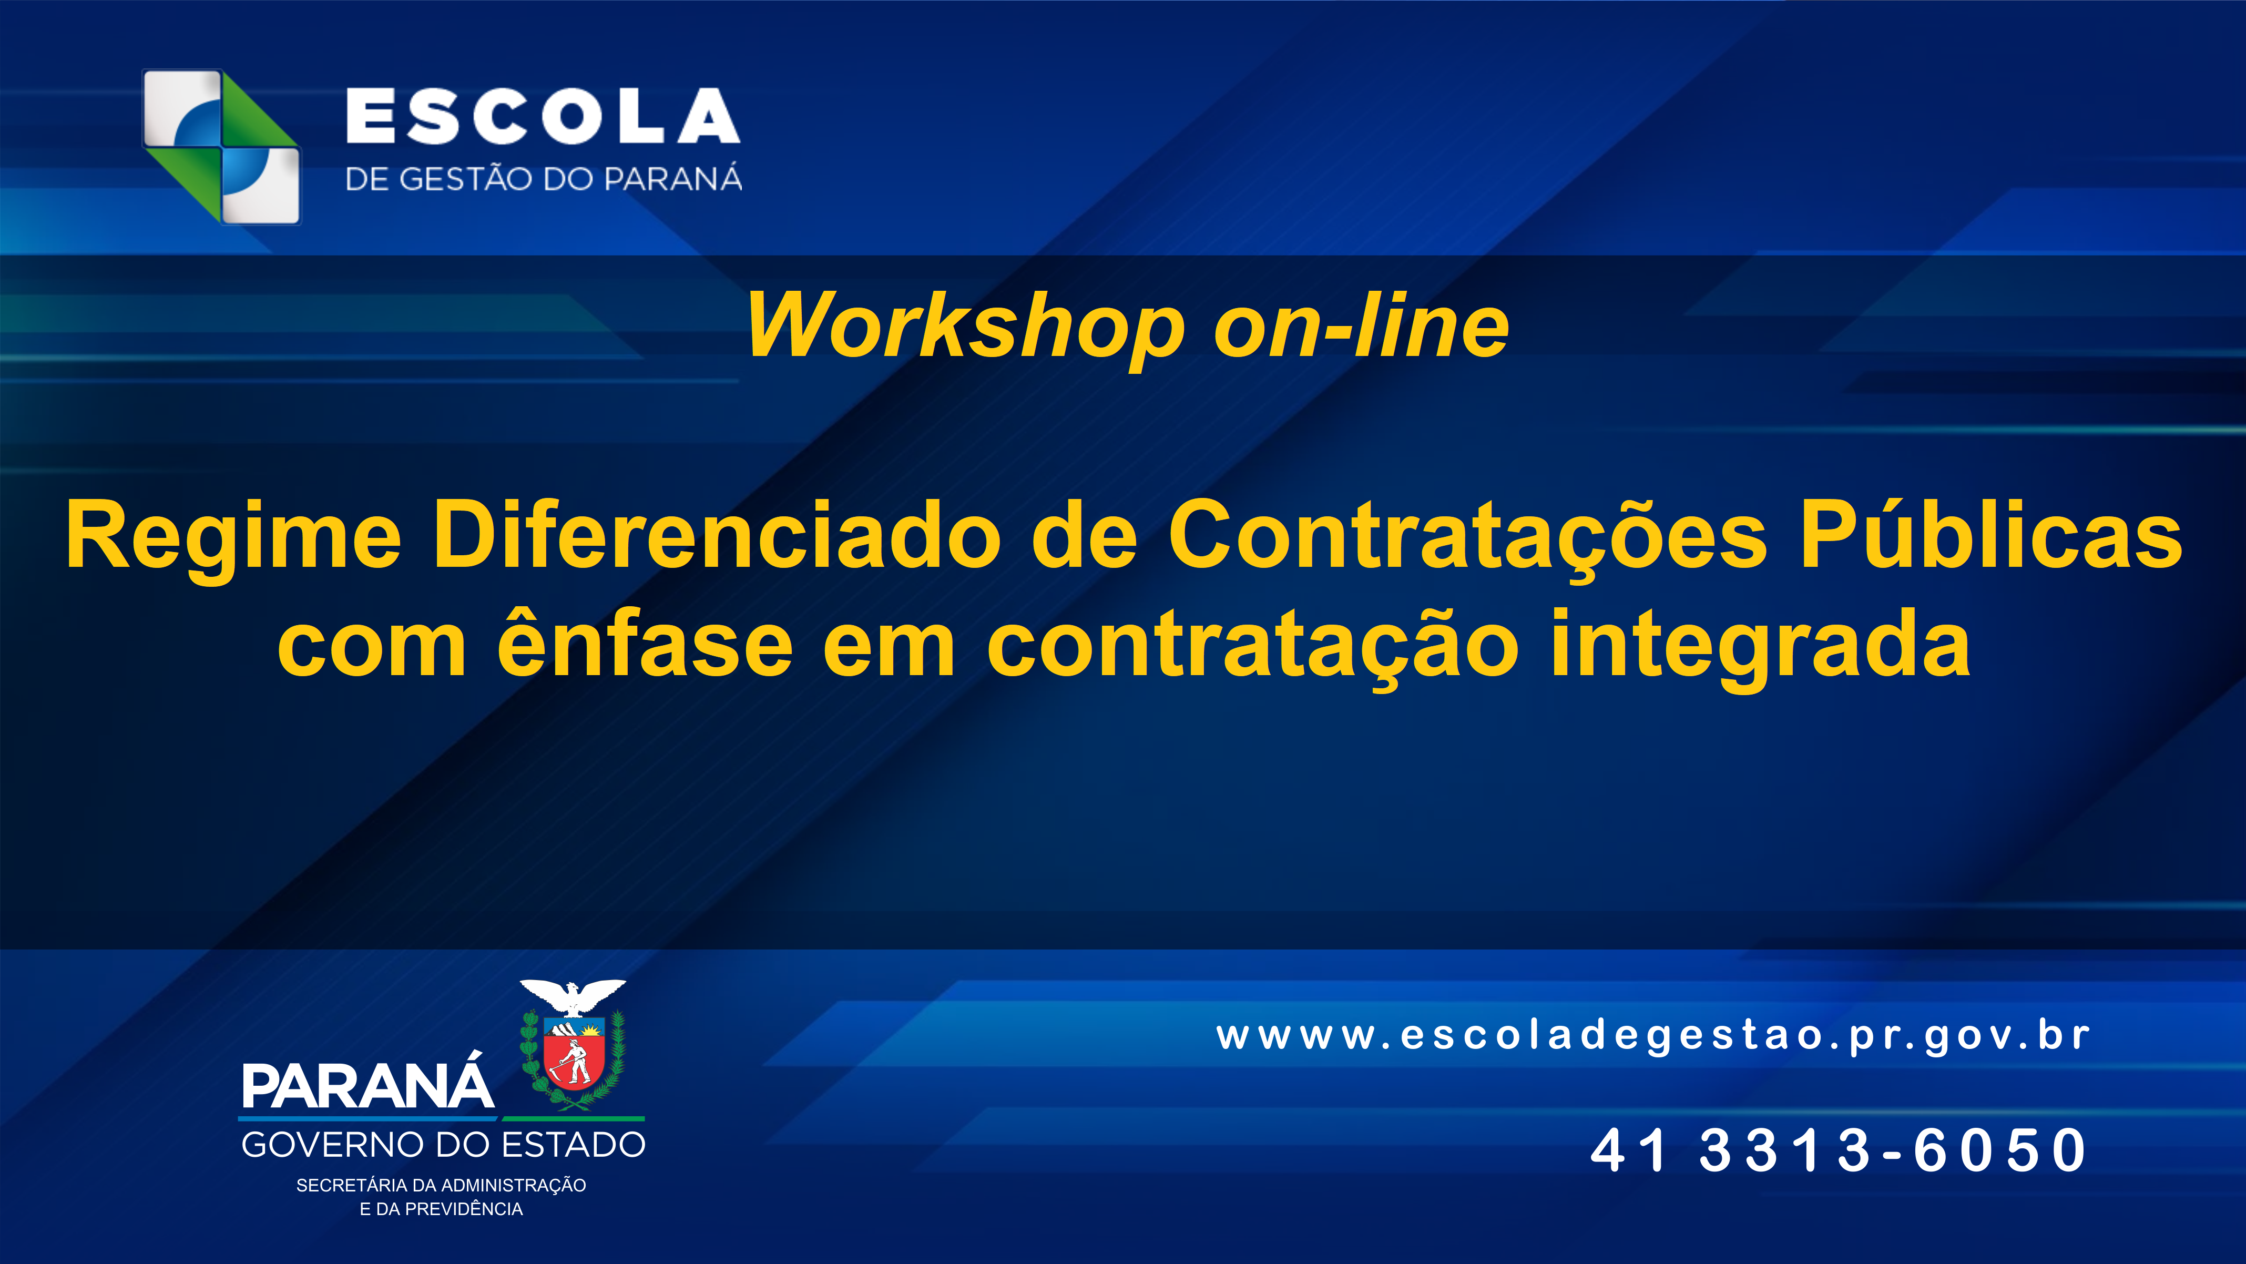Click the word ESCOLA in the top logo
pos(543,116)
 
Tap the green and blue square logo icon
pos(221,147)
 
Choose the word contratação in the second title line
pos(1253,648)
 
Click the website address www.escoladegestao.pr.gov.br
pos(1653,1036)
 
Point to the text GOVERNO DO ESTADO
pos(443,1145)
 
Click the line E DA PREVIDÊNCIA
pos(441,1209)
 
